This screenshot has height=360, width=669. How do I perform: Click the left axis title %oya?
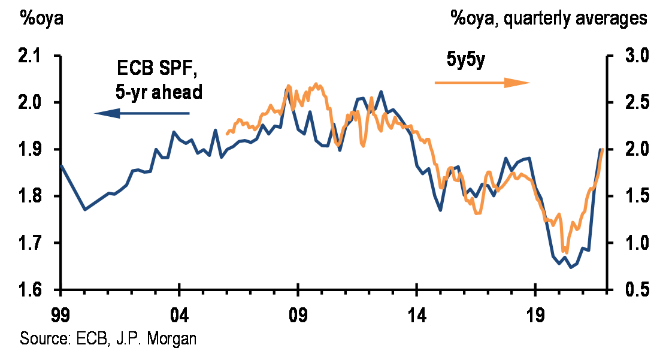[x=42, y=19]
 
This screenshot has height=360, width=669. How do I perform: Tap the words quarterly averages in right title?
[x=575, y=19]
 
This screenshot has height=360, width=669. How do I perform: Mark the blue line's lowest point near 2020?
[x=571, y=267]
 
